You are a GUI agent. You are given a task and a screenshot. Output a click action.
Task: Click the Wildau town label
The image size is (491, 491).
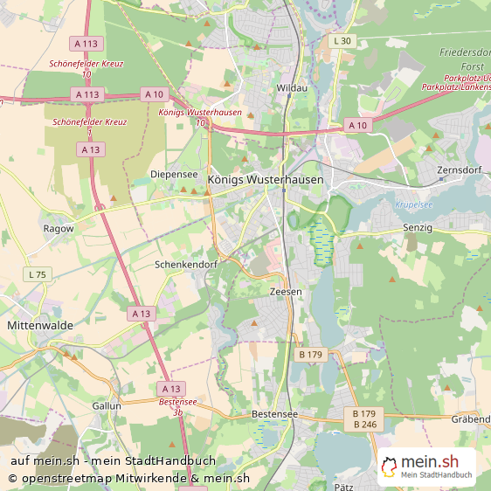(292, 88)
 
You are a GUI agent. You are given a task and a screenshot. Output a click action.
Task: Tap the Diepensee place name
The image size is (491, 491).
(174, 174)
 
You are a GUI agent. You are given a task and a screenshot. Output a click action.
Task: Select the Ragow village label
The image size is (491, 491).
(59, 228)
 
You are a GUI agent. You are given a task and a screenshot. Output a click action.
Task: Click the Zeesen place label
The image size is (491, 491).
(286, 292)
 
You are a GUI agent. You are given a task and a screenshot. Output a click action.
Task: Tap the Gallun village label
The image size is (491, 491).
(107, 405)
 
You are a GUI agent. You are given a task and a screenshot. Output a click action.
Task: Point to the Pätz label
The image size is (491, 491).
(343, 485)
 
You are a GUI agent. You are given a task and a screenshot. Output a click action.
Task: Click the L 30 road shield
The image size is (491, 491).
(342, 41)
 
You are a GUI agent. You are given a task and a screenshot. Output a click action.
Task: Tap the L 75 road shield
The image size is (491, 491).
(37, 274)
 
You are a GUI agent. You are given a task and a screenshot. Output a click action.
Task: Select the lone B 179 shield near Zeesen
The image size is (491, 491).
(310, 354)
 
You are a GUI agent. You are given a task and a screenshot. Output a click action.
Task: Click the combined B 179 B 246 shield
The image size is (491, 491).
(364, 418)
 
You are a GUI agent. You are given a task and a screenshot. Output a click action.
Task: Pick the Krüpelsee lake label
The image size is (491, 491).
(414, 204)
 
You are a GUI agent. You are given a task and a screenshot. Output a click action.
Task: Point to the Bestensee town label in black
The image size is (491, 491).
(274, 412)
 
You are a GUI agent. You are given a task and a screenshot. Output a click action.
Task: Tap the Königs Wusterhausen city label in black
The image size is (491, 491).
(266, 179)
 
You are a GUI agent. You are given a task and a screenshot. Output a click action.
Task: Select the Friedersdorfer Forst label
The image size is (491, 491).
(464, 58)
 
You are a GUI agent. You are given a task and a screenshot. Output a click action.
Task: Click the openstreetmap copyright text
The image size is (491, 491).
(128, 478)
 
